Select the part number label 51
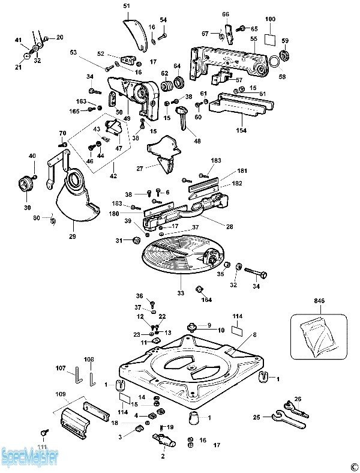pyautogui.click(x=127, y=6)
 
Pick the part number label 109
pyautogui.click(x=61, y=394)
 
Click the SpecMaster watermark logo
pyautogui.click(x=30, y=458)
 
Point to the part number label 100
pyautogui.click(x=270, y=20)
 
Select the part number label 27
pyautogui.click(x=139, y=169)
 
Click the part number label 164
pyautogui.click(x=207, y=300)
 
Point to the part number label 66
pyautogui.click(x=226, y=14)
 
